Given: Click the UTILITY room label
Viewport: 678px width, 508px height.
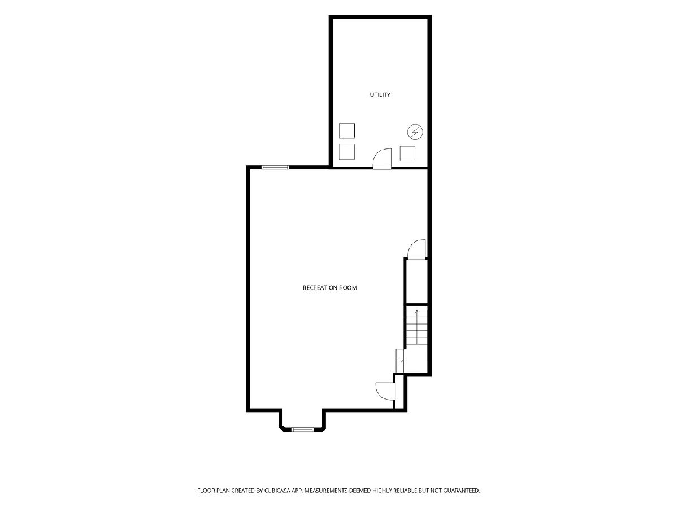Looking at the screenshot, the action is (x=380, y=94).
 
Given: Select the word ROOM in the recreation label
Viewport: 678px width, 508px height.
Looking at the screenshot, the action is (x=348, y=288).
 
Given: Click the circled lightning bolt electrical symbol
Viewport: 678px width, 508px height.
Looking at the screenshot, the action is (x=415, y=132).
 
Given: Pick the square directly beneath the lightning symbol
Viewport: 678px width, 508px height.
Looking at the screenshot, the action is (x=407, y=154).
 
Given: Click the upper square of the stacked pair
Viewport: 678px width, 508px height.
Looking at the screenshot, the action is (x=347, y=131).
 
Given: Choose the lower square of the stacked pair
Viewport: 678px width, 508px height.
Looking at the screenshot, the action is (x=346, y=152).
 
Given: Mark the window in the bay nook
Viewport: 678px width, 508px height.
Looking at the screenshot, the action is (x=303, y=430).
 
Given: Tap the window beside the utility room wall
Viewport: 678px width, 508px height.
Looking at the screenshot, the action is (x=275, y=168).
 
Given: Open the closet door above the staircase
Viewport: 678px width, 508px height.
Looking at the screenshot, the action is (x=416, y=249).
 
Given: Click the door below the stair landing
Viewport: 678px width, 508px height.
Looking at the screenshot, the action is (x=385, y=391).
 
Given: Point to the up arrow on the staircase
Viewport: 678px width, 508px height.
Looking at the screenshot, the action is (x=416, y=327).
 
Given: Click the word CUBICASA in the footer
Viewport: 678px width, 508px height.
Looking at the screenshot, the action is (x=276, y=490).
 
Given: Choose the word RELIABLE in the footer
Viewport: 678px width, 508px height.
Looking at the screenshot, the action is (x=405, y=490).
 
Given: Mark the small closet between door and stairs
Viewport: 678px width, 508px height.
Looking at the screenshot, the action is (x=416, y=281).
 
